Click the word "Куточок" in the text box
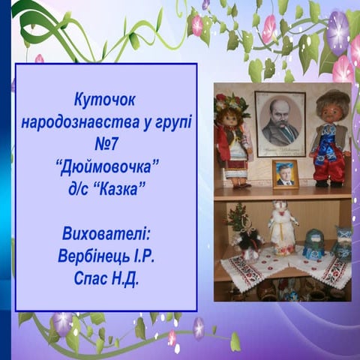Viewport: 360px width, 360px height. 105,98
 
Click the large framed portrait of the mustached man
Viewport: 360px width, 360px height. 280,123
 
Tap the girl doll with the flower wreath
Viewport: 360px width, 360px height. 232,142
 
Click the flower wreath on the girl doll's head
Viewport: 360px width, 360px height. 231,103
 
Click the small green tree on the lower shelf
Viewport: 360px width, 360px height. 240,221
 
